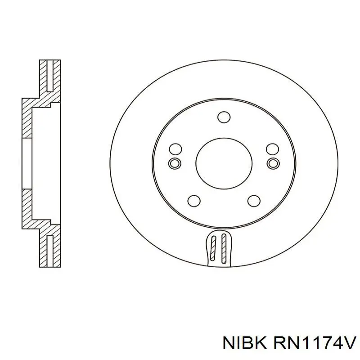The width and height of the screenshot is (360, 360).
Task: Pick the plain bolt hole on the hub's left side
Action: coord(174,149)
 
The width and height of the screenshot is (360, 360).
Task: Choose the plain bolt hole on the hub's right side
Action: coord(272,149)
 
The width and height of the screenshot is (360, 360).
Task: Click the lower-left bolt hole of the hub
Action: coord(193,201)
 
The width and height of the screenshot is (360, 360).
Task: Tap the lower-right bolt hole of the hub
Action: coord(254,201)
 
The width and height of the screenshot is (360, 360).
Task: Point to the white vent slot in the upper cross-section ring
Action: coord(50,76)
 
